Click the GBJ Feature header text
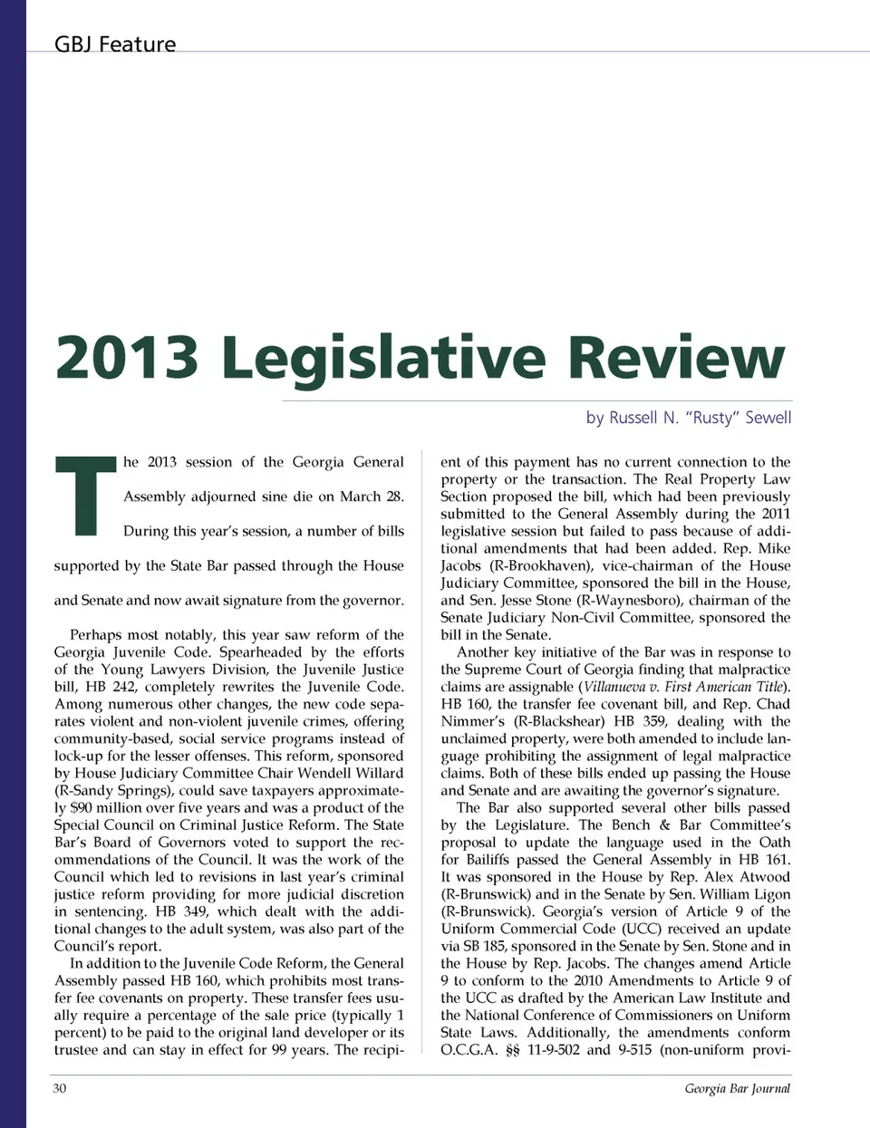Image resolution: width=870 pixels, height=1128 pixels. coord(115,43)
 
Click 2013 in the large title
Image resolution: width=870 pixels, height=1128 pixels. coord(127,357)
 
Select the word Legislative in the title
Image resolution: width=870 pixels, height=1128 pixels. coord(383,357)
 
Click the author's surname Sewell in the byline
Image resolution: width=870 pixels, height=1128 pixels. coord(768,418)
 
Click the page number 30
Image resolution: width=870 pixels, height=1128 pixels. coord(59,1088)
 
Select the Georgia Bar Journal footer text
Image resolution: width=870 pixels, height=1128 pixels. coord(737,1088)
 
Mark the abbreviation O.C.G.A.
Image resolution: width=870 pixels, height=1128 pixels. coord(469,1050)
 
